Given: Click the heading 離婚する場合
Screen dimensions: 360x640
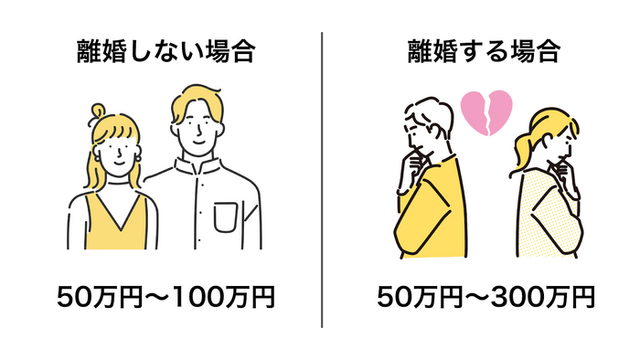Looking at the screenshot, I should (x=483, y=52).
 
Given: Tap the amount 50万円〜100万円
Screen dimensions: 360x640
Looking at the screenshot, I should (x=165, y=298).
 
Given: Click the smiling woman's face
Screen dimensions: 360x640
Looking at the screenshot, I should (x=116, y=149).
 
